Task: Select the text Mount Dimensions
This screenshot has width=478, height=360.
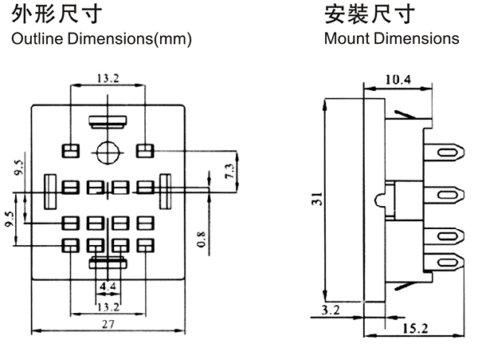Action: pyautogui.click(x=391, y=38)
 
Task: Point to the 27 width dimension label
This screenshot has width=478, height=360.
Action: pyautogui.click(x=107, y=325)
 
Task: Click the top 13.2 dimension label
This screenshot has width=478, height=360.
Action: pyautogui.click(x=108, y=78)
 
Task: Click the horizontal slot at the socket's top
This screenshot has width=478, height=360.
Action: pyautogui.click(x=107, y=122)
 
